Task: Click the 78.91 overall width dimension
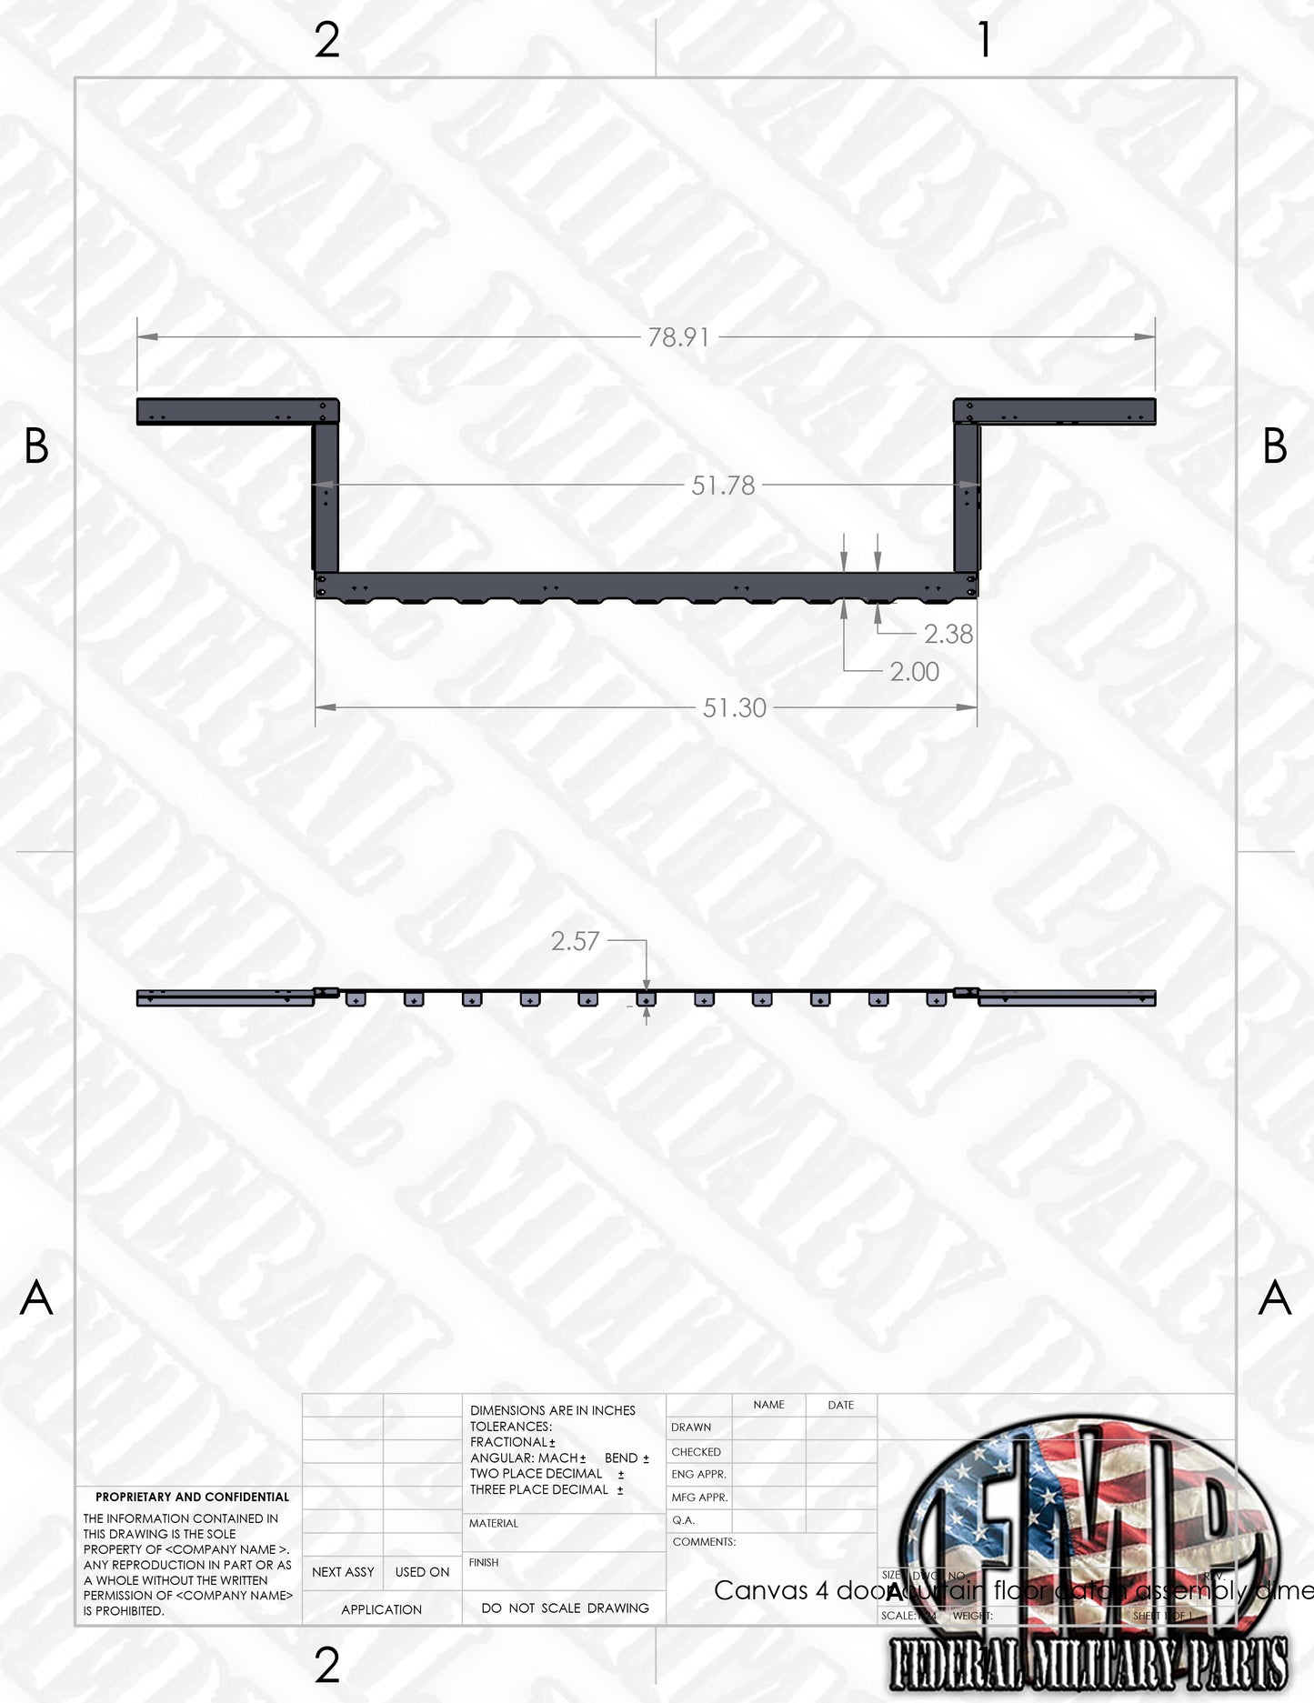tap(678, 337)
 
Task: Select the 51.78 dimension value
tap(723, 486)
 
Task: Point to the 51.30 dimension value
tap(735, 707)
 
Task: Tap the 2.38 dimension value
tap(948, 634)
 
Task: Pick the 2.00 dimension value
tap(914, 672)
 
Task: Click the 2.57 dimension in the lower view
tap(575, 941)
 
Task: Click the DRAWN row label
tap(691, 1428)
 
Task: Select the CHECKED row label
tap(696, 1452)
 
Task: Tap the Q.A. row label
tap(683, 1520)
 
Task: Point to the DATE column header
tap(840, 1405)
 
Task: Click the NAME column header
tap(768, 1405)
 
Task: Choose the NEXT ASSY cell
tap(343, 1572)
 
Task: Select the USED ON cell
tap(422, 1572)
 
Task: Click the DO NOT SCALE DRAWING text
tap(565, 1608)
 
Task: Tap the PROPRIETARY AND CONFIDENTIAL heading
tap(192, 1497)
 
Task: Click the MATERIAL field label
tap(494, 1523)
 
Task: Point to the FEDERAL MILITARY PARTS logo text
tap(1088, 1664)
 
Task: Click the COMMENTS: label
tap(704, 1542)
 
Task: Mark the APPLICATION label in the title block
tap(381, 1609)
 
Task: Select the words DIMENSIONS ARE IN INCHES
tap(553, 1410)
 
